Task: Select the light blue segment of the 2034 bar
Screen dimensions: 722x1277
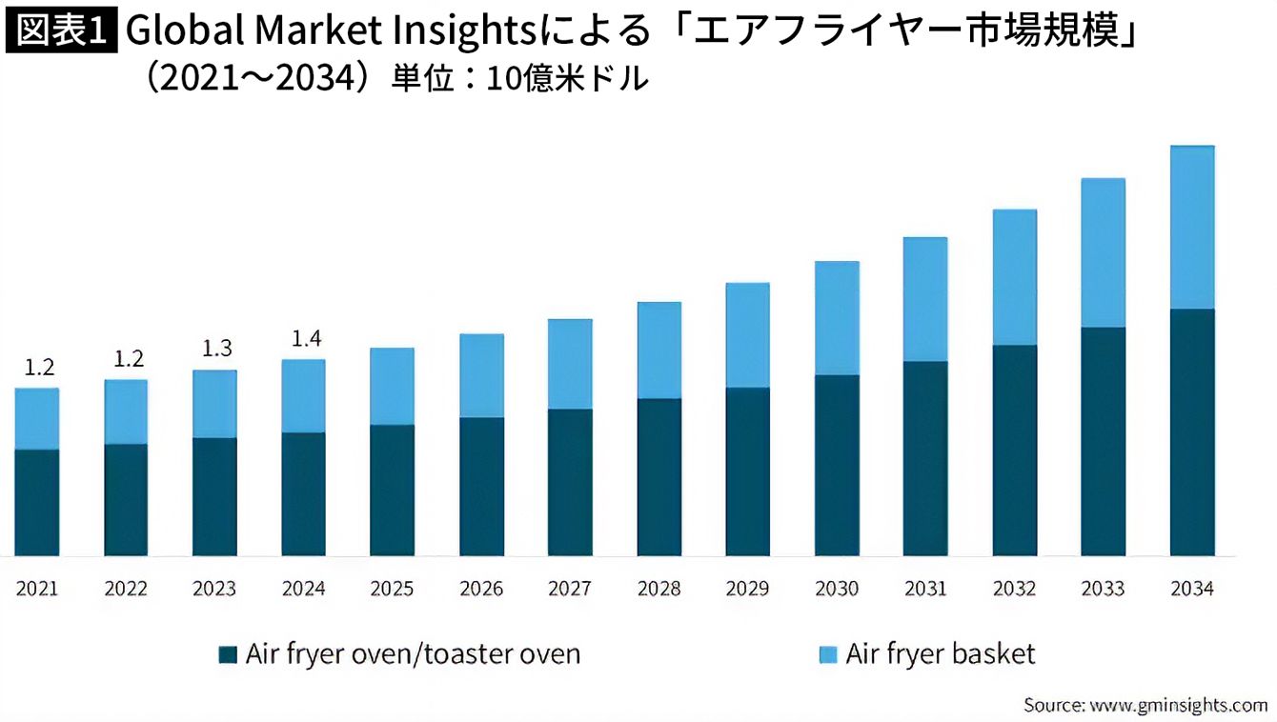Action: (1191, 227)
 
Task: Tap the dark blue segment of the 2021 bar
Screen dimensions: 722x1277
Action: (37, 502)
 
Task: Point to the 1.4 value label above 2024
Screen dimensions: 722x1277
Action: (304, 337)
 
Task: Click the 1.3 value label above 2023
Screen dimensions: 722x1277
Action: (216, 348)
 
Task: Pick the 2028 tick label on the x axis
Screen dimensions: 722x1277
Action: (659, 589)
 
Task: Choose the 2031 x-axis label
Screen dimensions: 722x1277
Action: (925, 589)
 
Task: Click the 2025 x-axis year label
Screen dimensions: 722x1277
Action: (392, 589)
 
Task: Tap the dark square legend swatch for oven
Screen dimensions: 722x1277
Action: (227, 655)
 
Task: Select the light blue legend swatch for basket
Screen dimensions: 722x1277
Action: (827, 655)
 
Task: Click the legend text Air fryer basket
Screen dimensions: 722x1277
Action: (940, 654)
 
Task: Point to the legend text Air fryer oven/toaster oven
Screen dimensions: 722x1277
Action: (413, 654)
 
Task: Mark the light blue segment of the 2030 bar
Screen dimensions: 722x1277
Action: (837, 317)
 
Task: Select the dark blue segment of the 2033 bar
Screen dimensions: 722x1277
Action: (1104, 441)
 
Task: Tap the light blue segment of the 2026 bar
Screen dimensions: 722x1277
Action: (481, 375)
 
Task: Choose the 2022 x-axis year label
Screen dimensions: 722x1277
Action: (126, 589)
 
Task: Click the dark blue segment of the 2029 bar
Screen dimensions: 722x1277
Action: (748, 471)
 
